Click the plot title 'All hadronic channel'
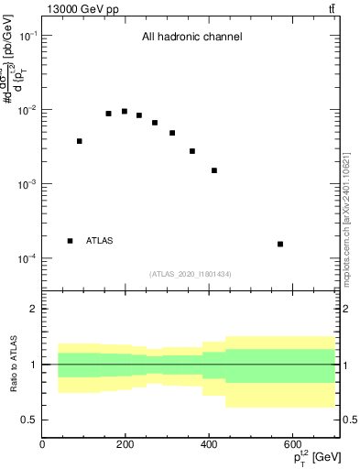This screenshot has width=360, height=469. [x=191, y=38]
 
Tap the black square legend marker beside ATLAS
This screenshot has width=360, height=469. [x=71, y=241]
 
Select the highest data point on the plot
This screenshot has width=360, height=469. [x=125, y=112]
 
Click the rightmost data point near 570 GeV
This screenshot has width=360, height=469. [x=280, y=244]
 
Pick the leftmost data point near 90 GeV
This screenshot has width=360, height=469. [x=80, y=141]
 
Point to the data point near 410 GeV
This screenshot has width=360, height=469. [x=214, y=170]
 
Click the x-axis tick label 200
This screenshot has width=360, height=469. [x=125, y=445]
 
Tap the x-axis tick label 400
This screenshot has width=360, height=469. [x=209, y=445]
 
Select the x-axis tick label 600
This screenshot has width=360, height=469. [x=292, y=445]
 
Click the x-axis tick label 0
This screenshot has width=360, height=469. [x=43, y=445]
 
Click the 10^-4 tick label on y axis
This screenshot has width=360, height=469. [x=26, y=259]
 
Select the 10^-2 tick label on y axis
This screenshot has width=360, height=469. [x=26, y=110]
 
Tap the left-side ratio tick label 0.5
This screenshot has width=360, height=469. [x=30, y=420]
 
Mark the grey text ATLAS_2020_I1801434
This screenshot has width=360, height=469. [x=191, y=274]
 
